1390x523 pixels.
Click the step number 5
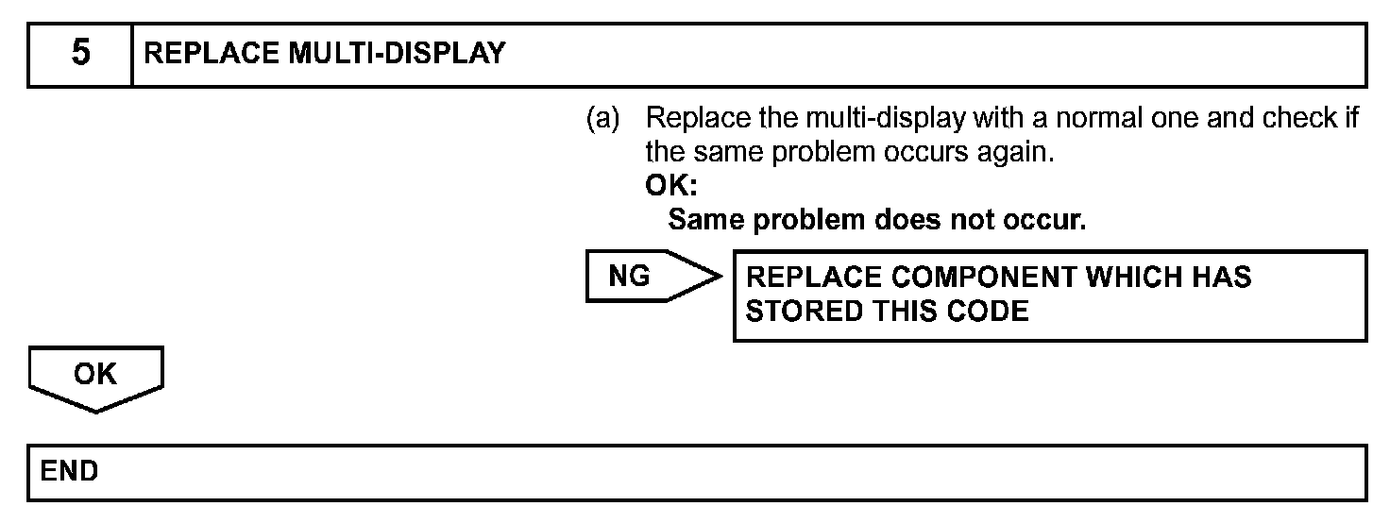tap(80, 54)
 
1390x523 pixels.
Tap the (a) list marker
tap(603, 120)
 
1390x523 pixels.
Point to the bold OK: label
tap(671, 186)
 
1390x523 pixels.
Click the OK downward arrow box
tap(95, 376)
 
